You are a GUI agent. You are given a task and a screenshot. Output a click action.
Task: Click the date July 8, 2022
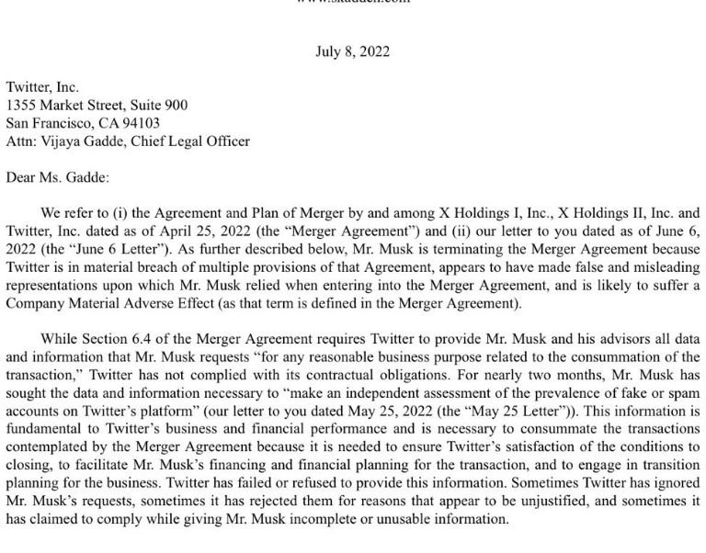click(352, 51)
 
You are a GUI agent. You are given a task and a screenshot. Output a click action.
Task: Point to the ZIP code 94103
click(139, 123)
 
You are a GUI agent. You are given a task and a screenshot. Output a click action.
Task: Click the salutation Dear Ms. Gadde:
click(57, 177)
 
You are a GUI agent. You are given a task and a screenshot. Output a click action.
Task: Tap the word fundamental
click(40, 429)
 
